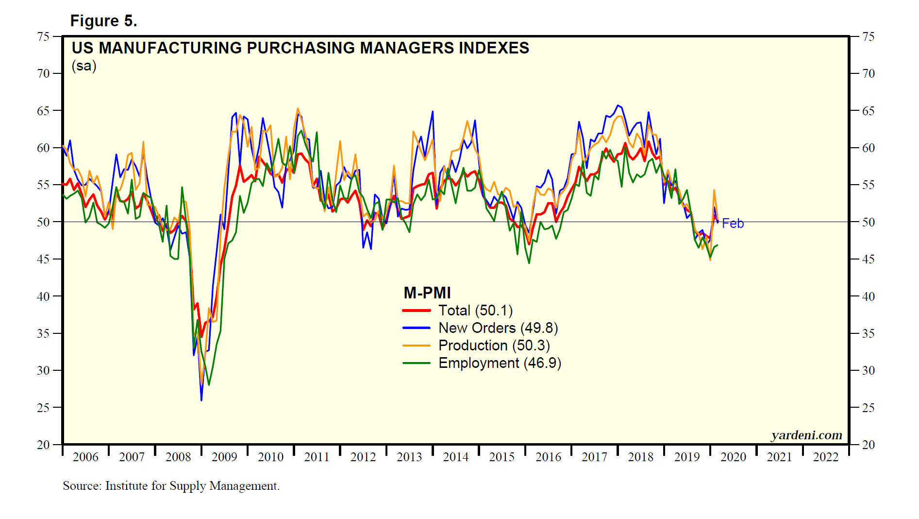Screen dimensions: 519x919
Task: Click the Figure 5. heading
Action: pos(103,21)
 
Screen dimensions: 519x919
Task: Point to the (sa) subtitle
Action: pos(84,66)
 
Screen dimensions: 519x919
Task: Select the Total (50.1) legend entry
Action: pos(475,311)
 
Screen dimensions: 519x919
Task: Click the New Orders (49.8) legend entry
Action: pos(498,328)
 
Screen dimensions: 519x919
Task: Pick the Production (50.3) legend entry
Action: pos(494,346)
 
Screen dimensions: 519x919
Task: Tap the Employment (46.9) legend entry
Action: pos(500,363)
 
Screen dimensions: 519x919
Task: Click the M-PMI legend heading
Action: pos(427,293)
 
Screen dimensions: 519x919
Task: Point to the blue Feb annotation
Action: pos(733,223)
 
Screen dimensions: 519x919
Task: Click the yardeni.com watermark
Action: pos(806,435)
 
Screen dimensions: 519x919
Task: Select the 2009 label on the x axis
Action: pos(224,457)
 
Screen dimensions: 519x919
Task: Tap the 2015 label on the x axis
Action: pos(501,457)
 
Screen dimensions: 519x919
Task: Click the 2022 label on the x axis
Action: pos(825,457)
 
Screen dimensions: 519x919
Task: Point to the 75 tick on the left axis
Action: pos(43,36)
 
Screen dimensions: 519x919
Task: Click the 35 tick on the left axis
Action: pos(43,333)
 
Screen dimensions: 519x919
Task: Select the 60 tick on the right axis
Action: pos(869,148)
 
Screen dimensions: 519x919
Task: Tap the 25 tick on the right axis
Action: pos(869,408)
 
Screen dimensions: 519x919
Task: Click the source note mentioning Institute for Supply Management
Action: pos(171,486)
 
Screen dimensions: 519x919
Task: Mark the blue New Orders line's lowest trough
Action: pos(201,400)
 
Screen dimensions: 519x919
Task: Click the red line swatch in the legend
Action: pos(417,311)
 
